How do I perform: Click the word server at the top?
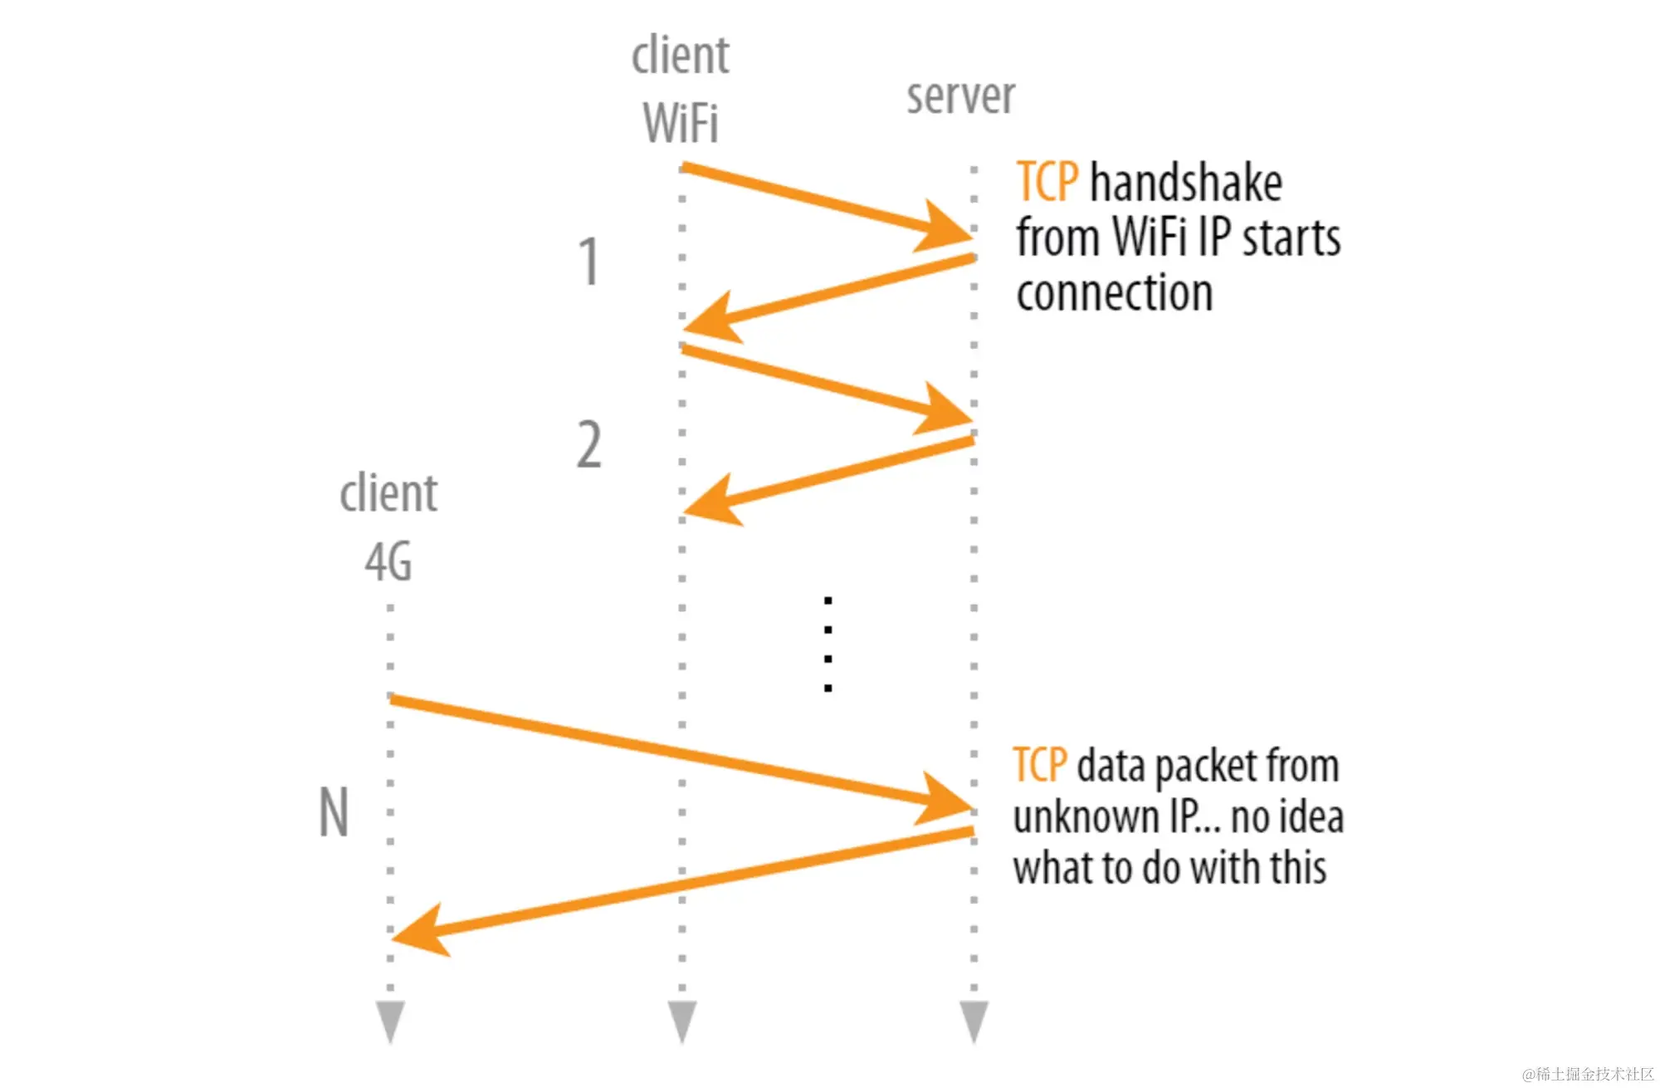[x=960, y=97]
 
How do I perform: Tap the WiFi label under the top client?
[x=680, y=124]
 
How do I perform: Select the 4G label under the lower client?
[x=388, y=562]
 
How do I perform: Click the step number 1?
[x=588, y=262]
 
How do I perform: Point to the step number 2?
[x=588, y=444]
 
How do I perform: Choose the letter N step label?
[x=334, y=812]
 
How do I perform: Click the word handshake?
[x=1185, y=184]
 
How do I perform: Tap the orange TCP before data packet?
[x=1040, y=765]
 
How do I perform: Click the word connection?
[x=1114, y=293]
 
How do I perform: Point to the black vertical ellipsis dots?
[x=828, y=644]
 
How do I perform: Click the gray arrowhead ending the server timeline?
[x=974, y=1021]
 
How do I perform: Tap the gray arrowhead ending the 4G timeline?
[x=390, y=1021]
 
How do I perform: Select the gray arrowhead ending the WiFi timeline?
[x=681, y=1021]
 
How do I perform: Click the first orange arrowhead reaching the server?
[x=946, y=227]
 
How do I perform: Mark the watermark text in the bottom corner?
[x=1587, y=1074]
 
